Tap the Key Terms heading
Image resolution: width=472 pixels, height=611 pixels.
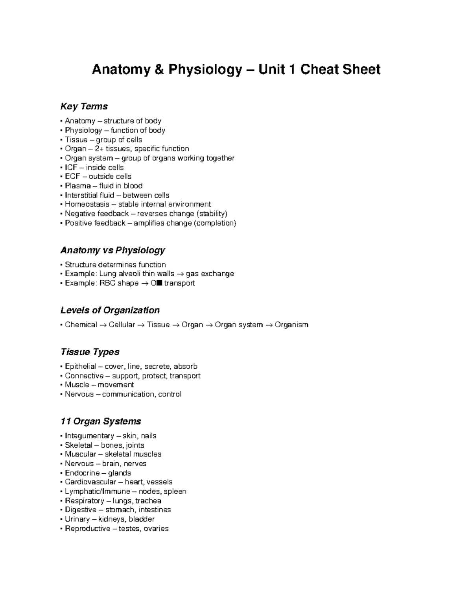coord(84,106)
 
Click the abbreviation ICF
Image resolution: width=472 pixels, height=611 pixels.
coord(71,167)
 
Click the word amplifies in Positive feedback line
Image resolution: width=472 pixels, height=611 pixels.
coord(149,223)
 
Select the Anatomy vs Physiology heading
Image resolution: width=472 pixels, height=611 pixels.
coord(112,250)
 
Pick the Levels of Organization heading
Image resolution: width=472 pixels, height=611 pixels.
coord(110,310)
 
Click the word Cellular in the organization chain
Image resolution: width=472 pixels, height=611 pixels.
coord(122,325)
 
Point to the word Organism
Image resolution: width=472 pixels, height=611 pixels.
coord(291,325)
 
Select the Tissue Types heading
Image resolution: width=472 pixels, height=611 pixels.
coord(90,352)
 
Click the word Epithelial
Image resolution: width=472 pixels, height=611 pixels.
coord(81,367)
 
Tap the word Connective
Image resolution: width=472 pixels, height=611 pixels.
coord(84,376)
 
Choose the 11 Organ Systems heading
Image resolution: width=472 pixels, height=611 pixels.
coord(101,421)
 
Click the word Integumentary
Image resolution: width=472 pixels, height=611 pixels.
coord(89,436)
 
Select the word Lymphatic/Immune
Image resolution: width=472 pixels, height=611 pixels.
coord(98,491)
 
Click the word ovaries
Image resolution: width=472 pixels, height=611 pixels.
coord(156,529)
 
